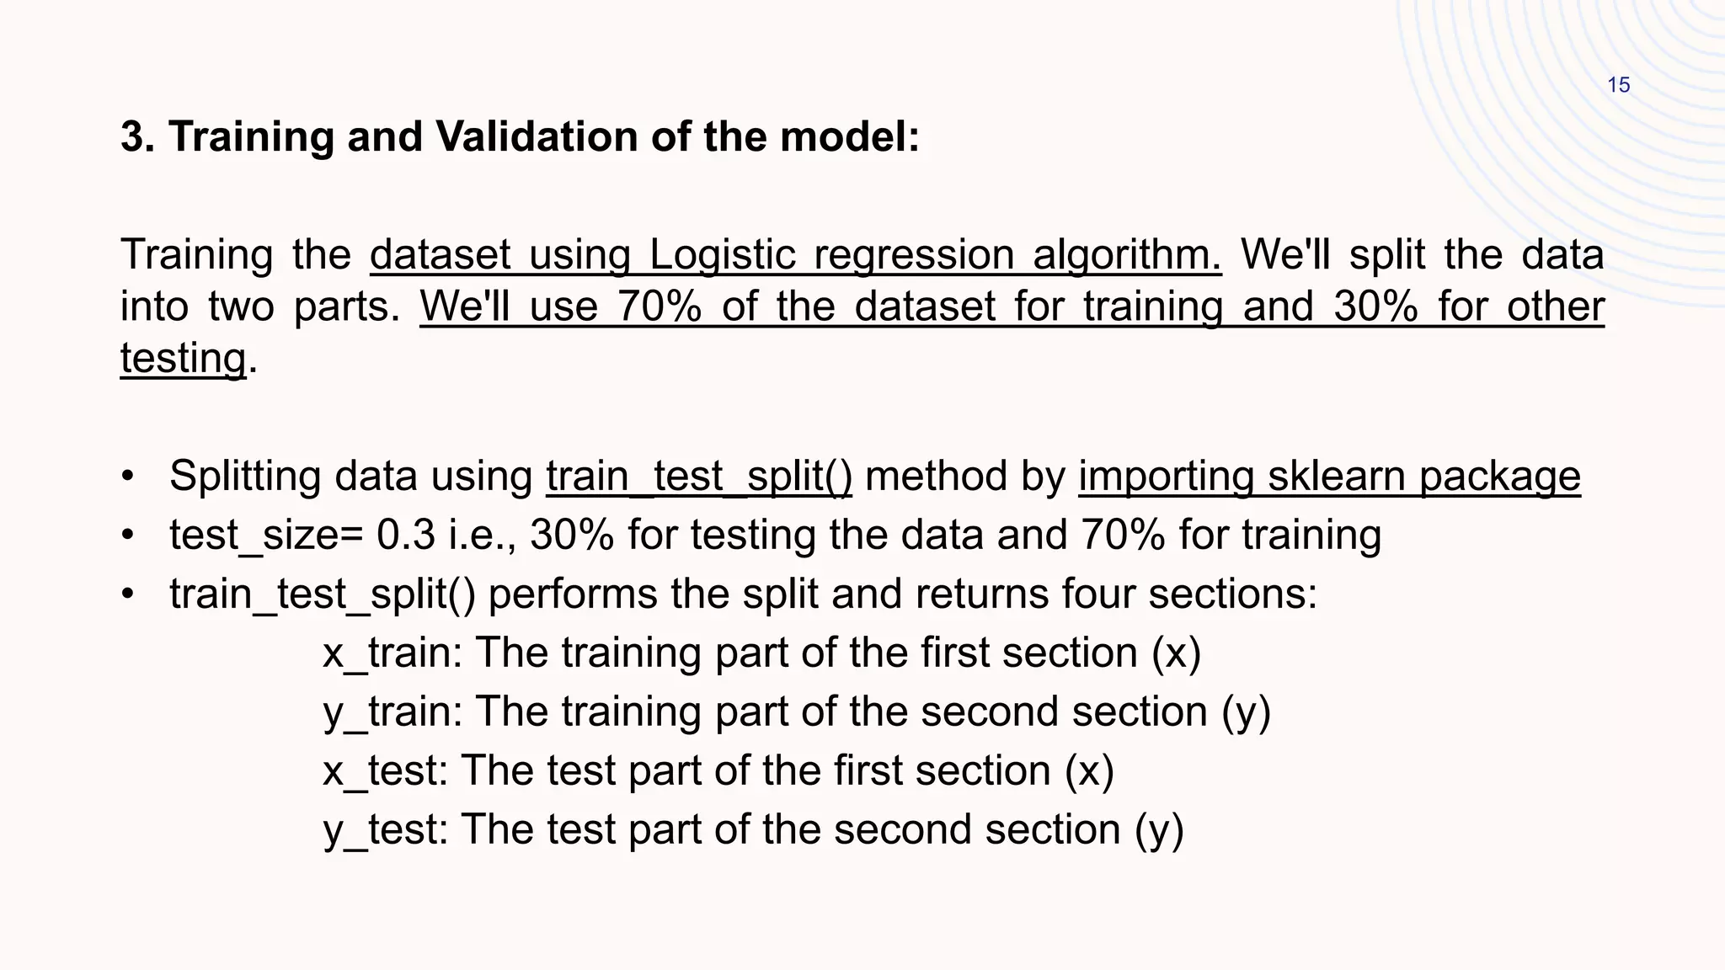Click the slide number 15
pos(1618,85)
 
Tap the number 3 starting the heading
pos(132,136)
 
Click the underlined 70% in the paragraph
pos(659,306)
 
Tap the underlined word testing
pos(183,358)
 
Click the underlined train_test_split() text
pos(699,477)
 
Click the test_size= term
pos(266,536)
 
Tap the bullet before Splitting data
pos(127,477)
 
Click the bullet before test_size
pos(127,536)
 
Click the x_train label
pos(392,653)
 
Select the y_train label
pos(392,712)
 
